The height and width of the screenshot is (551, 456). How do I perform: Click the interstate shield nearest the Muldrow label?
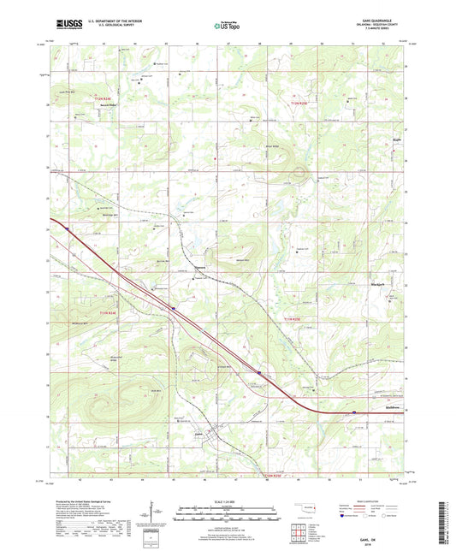[354, 413]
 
